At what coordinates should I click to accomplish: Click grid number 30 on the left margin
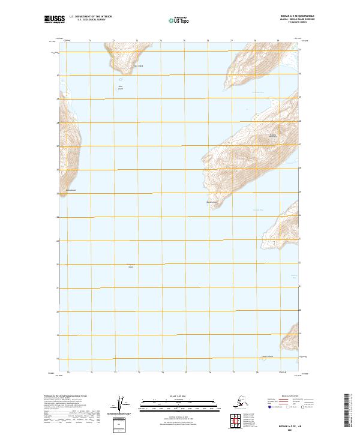click(58, 76)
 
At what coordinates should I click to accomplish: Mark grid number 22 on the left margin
click(58, 265)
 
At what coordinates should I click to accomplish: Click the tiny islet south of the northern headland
click(121, 79)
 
